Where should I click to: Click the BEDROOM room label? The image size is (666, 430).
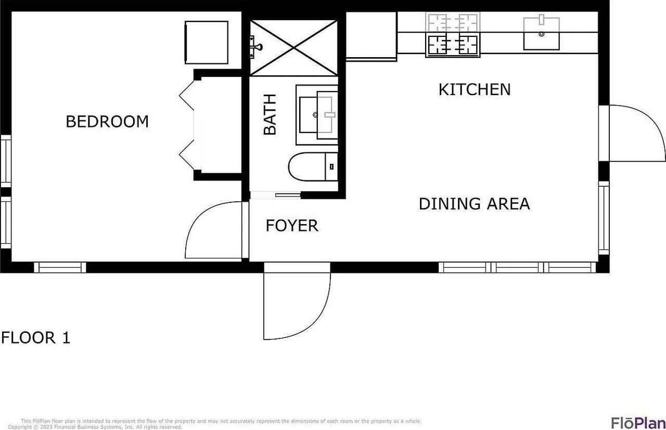coord(107,122)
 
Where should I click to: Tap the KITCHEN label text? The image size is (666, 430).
coord(475,89)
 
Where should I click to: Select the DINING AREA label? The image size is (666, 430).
coord(474,204)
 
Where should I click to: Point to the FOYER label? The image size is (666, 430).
coord(292,226)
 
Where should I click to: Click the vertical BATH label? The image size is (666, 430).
coord(270,114)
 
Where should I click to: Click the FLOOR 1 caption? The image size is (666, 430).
coord(35,338)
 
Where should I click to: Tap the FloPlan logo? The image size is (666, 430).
coord(638,422)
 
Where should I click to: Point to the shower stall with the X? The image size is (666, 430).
coord(294,48)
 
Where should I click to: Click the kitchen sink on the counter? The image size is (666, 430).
coord(541,34)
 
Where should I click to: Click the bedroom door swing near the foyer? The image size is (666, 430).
coord(213,231)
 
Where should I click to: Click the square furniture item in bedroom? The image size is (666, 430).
coord(207,42)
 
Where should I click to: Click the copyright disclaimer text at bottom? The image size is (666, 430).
coord(219,424)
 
